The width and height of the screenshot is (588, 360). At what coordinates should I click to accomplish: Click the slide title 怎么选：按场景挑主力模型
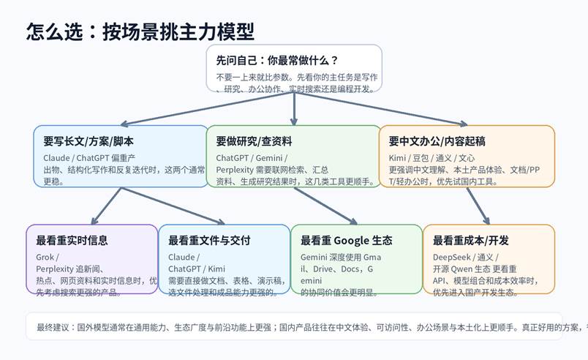pyautogui.click(x=140, y=31)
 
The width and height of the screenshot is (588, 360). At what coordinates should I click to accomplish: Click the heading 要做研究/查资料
pyautogui.click(x=254, y=140)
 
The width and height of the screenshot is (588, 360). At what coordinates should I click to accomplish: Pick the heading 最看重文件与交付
pyautogui.click(x=209, y=240)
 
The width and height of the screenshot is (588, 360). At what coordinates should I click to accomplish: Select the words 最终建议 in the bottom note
pyautogui.click(x=52, y=327)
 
